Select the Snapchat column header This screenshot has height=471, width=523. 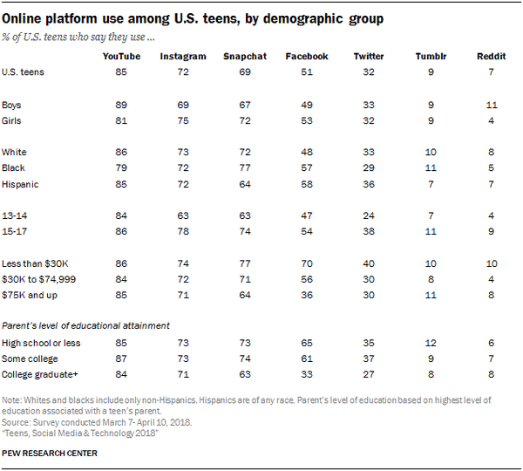coord(243,56)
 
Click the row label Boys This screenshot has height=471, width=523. coord(15,104)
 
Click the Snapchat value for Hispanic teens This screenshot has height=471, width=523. coord(243,184)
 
